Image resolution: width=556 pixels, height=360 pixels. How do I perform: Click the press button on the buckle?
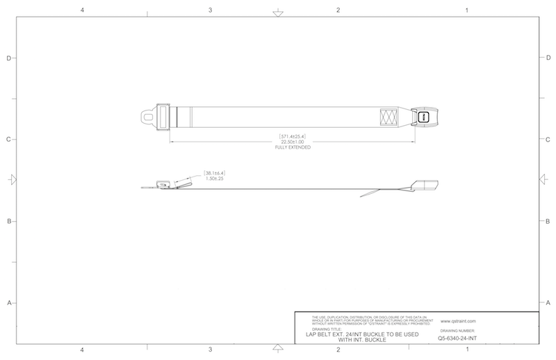(x=423, y=117)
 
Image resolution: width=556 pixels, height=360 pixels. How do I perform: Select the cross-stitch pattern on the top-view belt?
(x=389, y=117)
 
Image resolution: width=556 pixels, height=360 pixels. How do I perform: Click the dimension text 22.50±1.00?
(x=292, y=142)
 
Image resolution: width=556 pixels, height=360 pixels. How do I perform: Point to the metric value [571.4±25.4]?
(x=292, y=136)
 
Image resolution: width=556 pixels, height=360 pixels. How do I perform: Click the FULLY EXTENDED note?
(x=292, y=148)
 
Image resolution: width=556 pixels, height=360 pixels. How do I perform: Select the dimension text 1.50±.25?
(x=214, y=178)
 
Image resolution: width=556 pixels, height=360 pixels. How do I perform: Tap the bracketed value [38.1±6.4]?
(x=214, y=172)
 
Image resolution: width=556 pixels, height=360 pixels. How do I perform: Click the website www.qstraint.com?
(x=457, y=322)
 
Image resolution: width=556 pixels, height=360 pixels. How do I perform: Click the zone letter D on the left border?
(x=8, y=58)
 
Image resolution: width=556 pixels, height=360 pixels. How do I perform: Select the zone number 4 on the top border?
(x=82, y=10)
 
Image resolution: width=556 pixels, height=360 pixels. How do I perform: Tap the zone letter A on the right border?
(x=547, y=303)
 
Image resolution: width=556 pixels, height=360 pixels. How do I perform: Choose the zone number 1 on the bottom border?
(x=466, y=350)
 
